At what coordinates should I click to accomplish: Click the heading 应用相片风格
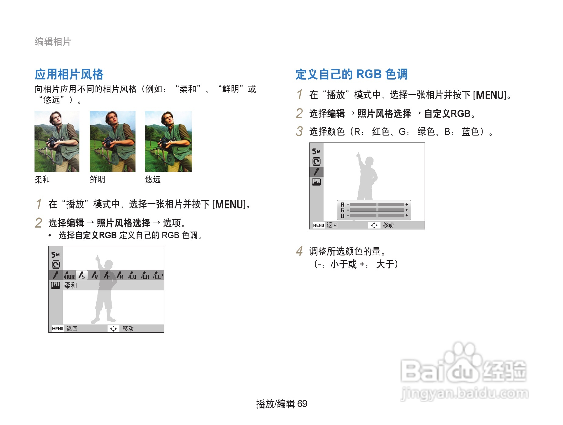[x=69, y=74]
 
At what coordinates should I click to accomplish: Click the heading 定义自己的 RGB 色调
[x=352, y=74]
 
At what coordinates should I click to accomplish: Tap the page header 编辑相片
[x=53, y=41]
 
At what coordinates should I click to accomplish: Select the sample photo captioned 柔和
[x=57, y=141]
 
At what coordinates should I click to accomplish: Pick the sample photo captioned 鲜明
[x=112, y=141]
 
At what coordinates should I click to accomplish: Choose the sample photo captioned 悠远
[x=168, y=141]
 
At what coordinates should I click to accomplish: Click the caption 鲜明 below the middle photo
[x=97, y=179]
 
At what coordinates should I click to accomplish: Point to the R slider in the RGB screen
[x=377, y=204]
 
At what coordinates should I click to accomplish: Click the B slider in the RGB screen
[x=377, y=215]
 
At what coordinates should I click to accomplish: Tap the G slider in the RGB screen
[x=377, y=210]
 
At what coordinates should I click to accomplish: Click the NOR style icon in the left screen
[x=69, y=275]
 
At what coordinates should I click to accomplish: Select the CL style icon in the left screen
[x=157, y=275]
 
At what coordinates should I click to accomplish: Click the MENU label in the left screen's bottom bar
[x=58, y=329]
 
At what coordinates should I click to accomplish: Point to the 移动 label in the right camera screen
[x=388, y=225]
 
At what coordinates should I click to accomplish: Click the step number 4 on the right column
[x=299, y=251]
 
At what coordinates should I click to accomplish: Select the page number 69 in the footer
[x=302, y=404]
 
